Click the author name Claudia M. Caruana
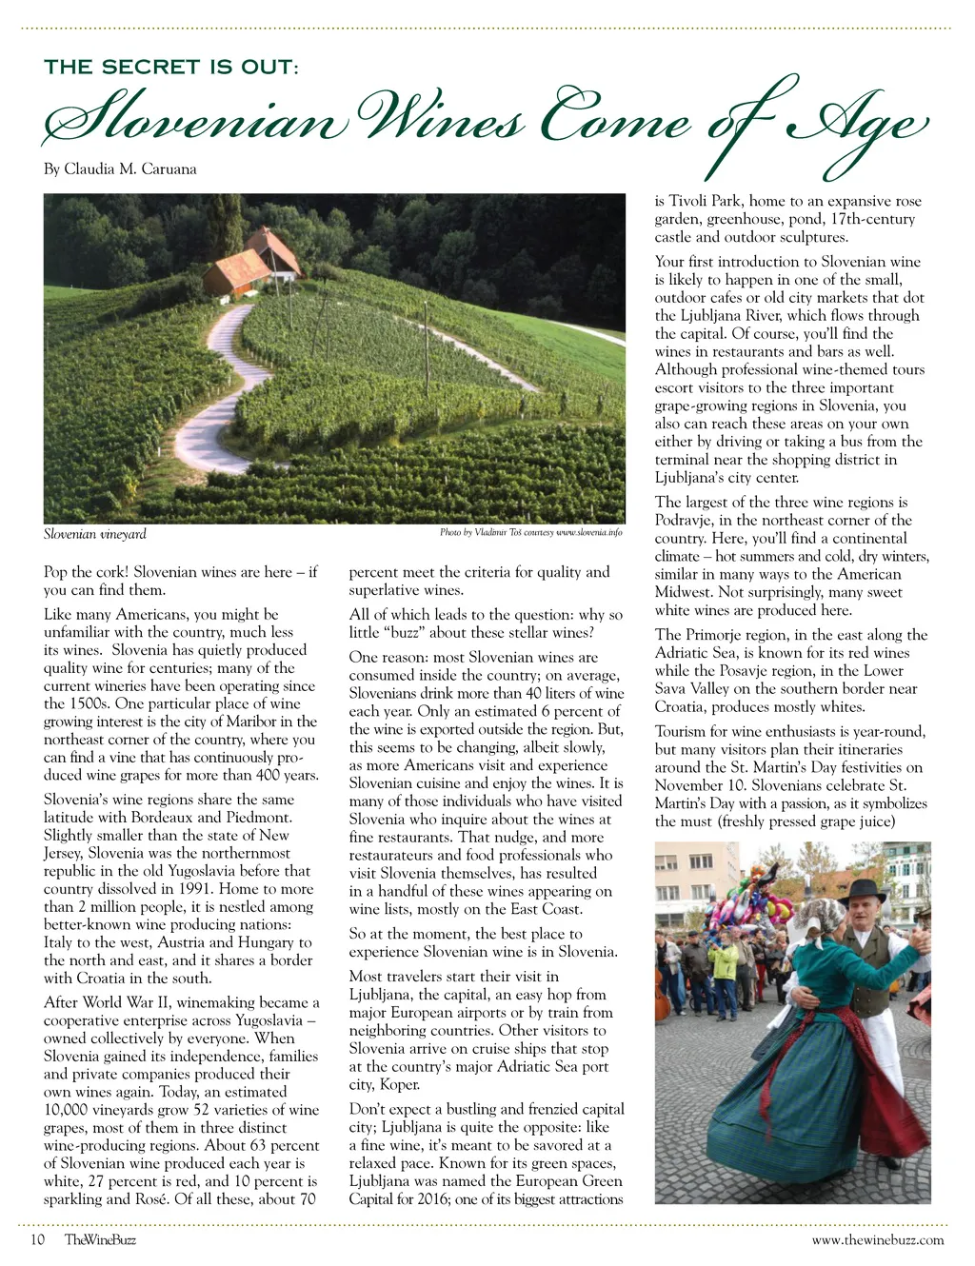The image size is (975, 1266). [129, 169]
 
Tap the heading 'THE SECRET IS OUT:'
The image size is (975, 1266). [171, 67]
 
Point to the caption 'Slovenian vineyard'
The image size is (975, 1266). [95, 534]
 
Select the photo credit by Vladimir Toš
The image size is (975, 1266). [530, 533]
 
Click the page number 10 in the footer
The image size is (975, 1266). [38, 1239]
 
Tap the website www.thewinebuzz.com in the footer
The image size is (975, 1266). [877, 1239]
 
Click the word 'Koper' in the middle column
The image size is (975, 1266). [399, 1084]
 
